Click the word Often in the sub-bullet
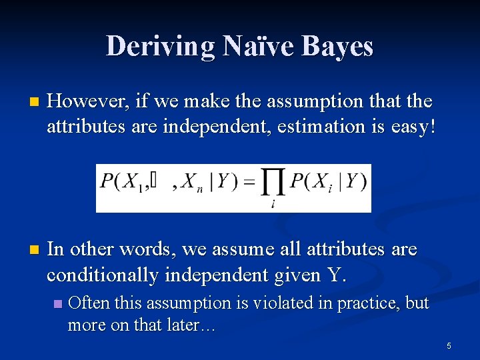pos(89,303)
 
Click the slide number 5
pos(449,346)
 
